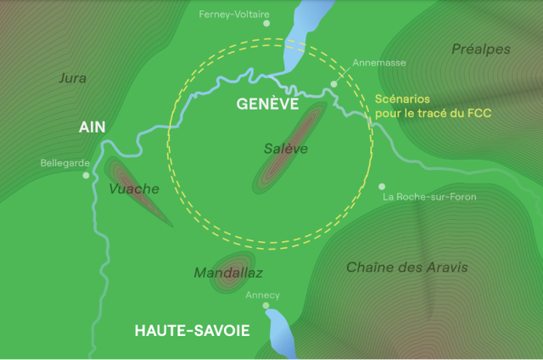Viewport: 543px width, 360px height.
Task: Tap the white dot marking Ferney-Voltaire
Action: (266, 24)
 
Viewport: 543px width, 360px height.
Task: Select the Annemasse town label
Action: (379, 63)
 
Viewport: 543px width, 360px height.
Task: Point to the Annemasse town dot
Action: (333, 84)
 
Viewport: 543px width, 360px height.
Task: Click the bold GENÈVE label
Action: (267, 104)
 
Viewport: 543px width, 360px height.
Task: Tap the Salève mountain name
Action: (285, 149)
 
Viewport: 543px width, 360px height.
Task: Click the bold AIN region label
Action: (92, 127)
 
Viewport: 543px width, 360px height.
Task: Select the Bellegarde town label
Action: (64, 163)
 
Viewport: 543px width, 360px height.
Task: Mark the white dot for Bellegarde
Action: (86, 176)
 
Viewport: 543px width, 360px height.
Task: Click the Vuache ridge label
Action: (134, 188)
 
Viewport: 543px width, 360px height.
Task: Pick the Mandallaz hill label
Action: (228, 273)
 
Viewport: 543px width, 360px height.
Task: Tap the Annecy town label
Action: (262, 295)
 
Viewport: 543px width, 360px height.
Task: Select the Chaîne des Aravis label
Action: (406, 267)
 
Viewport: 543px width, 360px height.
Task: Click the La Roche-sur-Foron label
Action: (429, 197)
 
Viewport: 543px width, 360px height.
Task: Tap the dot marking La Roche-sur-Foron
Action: (382, 186)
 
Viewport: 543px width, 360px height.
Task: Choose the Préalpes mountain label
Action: (482, 49)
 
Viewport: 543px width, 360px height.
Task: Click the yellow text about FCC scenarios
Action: (434, 104)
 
